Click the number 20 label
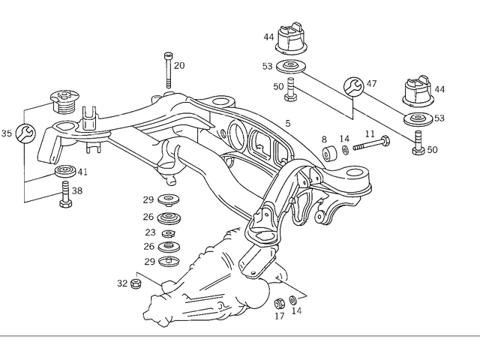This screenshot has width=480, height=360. [x=178, y=65]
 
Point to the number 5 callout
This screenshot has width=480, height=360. [x=287, y=122]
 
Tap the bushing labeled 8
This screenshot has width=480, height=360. [x=328, y=154]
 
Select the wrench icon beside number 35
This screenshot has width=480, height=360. [x=24, y=134]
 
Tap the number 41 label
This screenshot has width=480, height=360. [x=82, y=172]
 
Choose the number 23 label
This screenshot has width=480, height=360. [x=150, y=232]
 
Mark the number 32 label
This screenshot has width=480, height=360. [x=122, y=283]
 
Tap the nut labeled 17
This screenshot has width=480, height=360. [x=277, y=303]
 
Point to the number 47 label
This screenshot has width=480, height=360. [x=371, y=85]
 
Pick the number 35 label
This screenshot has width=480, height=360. [x=7, y=134]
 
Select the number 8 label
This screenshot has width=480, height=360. [x=325, y=139]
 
